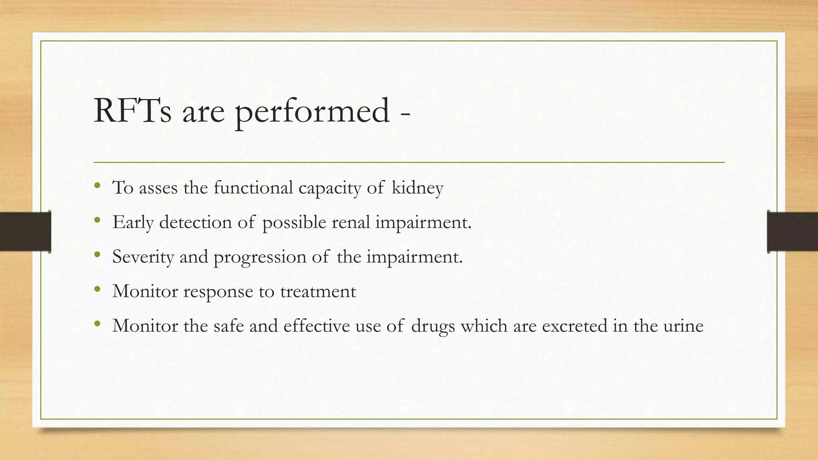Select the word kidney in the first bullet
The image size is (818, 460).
click(417, 188)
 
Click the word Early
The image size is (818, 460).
click(133, 222)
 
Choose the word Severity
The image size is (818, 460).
click(143, 257)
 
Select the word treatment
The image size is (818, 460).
click(318, 291)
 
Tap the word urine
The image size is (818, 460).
click(683, 326)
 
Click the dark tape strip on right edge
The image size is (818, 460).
click(792, 232)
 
